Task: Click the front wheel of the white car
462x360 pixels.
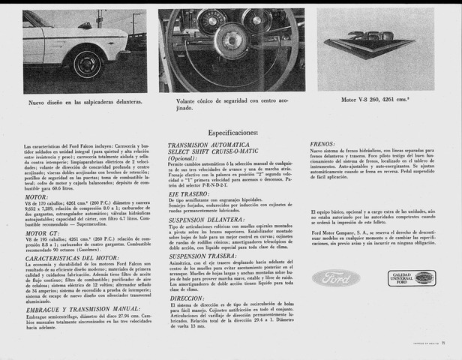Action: coord(88,63)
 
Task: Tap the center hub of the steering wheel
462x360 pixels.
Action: coord(230,40)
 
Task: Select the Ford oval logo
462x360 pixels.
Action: coord(336,278)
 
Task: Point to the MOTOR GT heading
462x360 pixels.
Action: coord(43,233)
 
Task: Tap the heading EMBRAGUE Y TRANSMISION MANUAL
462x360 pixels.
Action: coord(82,308)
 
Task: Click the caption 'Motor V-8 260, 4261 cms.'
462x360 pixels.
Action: coord(376,99)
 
